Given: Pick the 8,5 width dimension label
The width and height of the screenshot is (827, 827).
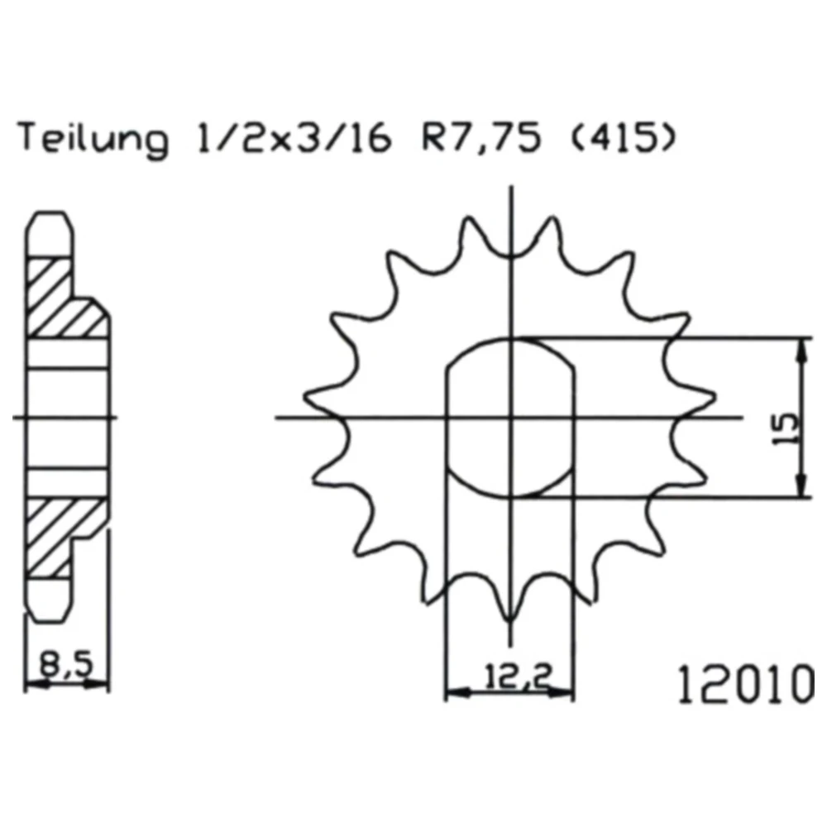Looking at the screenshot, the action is [66, 665].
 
